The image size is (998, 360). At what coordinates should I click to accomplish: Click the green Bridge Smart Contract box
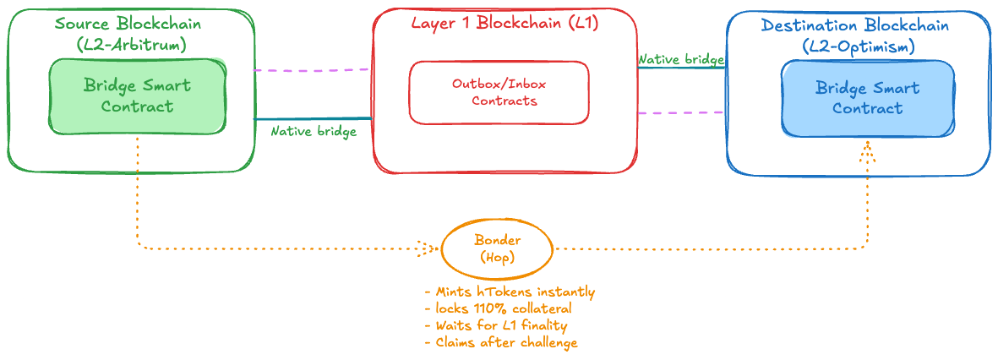[x=137, y=96]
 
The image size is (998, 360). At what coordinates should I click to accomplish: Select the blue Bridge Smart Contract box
[x=868, y=98]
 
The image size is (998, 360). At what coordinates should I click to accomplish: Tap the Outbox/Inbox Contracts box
[x=499, y=92]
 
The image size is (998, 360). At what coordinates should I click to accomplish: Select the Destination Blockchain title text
[x=854, y=25]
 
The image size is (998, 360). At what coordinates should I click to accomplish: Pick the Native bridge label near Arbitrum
[x=313, y=132]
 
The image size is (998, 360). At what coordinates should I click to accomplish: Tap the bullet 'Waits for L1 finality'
[x=501, y=325]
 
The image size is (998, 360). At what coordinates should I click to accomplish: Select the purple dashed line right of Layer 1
[x=681, y=112]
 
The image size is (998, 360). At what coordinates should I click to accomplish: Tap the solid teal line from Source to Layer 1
[x=313, y=119]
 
